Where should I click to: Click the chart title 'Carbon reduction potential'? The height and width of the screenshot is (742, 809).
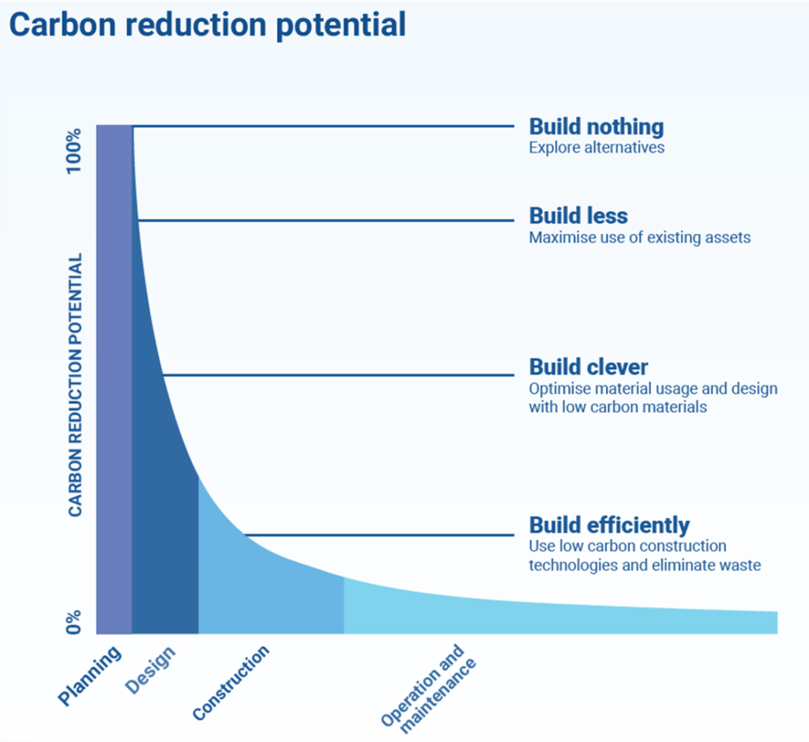click(207, 24)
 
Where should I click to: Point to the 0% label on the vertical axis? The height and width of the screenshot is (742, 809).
click(73, 621)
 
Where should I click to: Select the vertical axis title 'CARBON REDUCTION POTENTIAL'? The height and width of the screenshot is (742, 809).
click(75, 386)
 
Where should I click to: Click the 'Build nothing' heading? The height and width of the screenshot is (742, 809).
click(596, 126)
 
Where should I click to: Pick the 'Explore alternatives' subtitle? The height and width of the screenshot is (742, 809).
click(596, 148)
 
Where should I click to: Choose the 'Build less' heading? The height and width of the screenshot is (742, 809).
click(578, 216)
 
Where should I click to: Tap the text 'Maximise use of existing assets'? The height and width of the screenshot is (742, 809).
click(639, 237)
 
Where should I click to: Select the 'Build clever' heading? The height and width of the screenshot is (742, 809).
click(588, 367)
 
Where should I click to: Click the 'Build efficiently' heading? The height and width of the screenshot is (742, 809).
click(608, 525)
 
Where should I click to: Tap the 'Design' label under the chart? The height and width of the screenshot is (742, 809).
click(151, 669)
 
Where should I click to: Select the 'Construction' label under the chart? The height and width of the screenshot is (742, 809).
click(231, 684)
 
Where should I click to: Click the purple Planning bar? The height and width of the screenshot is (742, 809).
click(114, 379)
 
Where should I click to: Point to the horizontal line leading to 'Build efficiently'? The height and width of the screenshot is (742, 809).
click(379, 535)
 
